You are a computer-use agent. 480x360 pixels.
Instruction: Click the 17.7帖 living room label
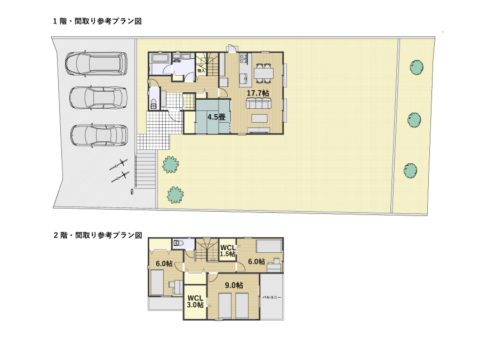tap(258, 93)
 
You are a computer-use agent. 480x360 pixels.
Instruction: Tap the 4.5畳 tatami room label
tap(217, 117)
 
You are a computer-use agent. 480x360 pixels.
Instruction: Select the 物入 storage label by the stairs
tap(201, 71)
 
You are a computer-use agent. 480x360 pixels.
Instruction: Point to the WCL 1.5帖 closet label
tap(228, 251)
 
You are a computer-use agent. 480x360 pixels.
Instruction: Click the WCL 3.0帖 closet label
tap(195, 301)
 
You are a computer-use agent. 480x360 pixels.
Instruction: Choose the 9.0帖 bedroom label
tap(234, 285)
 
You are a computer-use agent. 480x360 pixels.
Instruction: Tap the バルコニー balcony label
tap(271, 297)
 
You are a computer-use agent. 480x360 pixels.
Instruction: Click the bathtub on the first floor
tap(161, 58)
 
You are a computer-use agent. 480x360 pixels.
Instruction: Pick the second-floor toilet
tap(179, 243)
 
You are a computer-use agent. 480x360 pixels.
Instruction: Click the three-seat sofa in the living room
tap(259, 103)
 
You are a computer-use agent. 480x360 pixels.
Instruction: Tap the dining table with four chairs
tap(263, 73)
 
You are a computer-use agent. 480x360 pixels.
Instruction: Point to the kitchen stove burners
tap(243, 58)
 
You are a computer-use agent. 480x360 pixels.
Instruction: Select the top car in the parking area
tap(96, 64)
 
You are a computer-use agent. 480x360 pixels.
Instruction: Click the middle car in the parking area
tap(98, 98)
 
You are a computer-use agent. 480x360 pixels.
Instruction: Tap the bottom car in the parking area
tap(99, 135)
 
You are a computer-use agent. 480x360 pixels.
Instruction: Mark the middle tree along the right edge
tap(414, 119)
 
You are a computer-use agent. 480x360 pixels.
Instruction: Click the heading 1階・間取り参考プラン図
tap(98, 21)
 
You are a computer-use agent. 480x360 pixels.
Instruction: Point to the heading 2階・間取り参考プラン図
tap(98, 235)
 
